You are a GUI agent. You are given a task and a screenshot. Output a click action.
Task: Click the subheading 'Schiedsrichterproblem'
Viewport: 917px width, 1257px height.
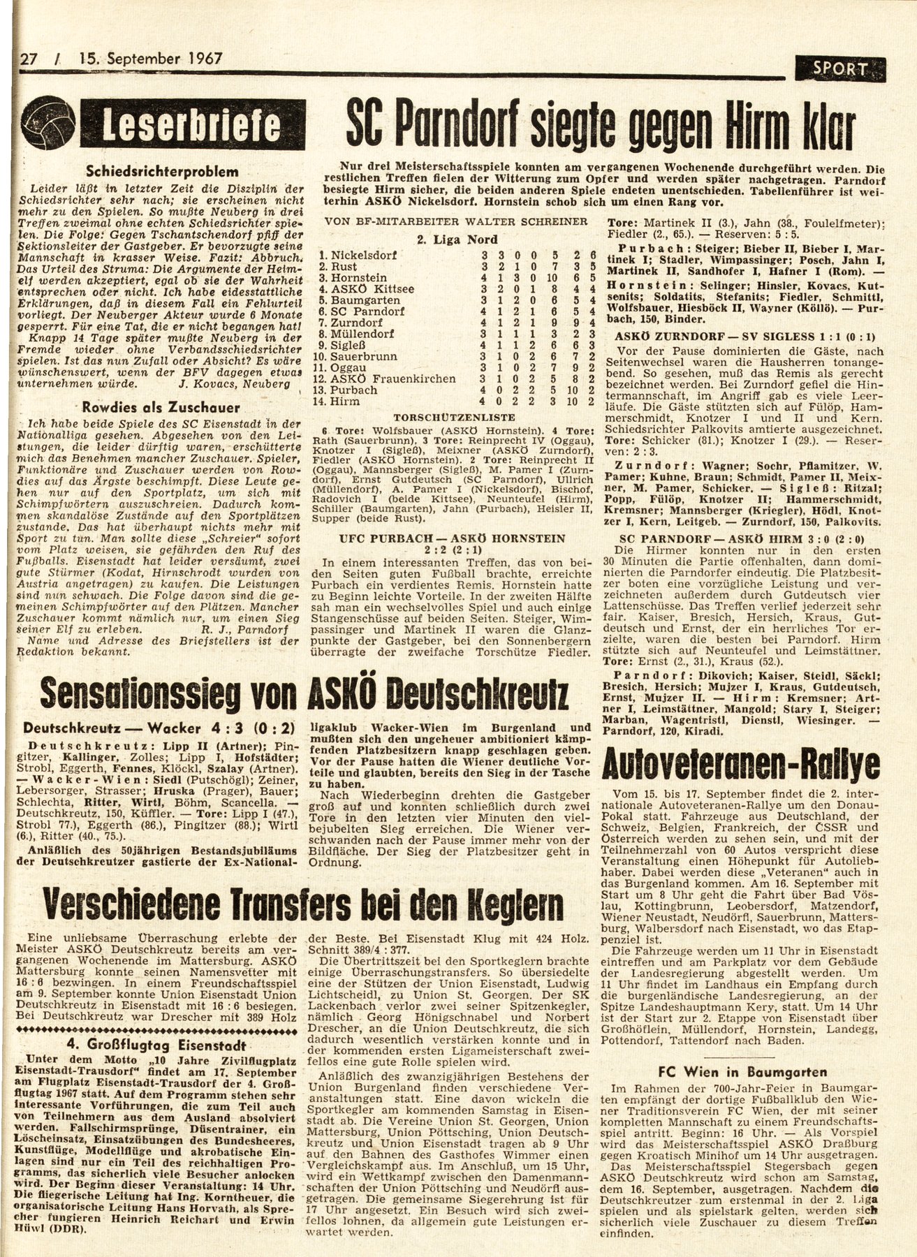(160, 171)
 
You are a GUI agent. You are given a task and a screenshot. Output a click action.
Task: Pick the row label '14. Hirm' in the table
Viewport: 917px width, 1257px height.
(339, 402)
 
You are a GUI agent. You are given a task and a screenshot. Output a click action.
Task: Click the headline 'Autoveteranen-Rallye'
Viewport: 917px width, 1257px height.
(744, 766)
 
